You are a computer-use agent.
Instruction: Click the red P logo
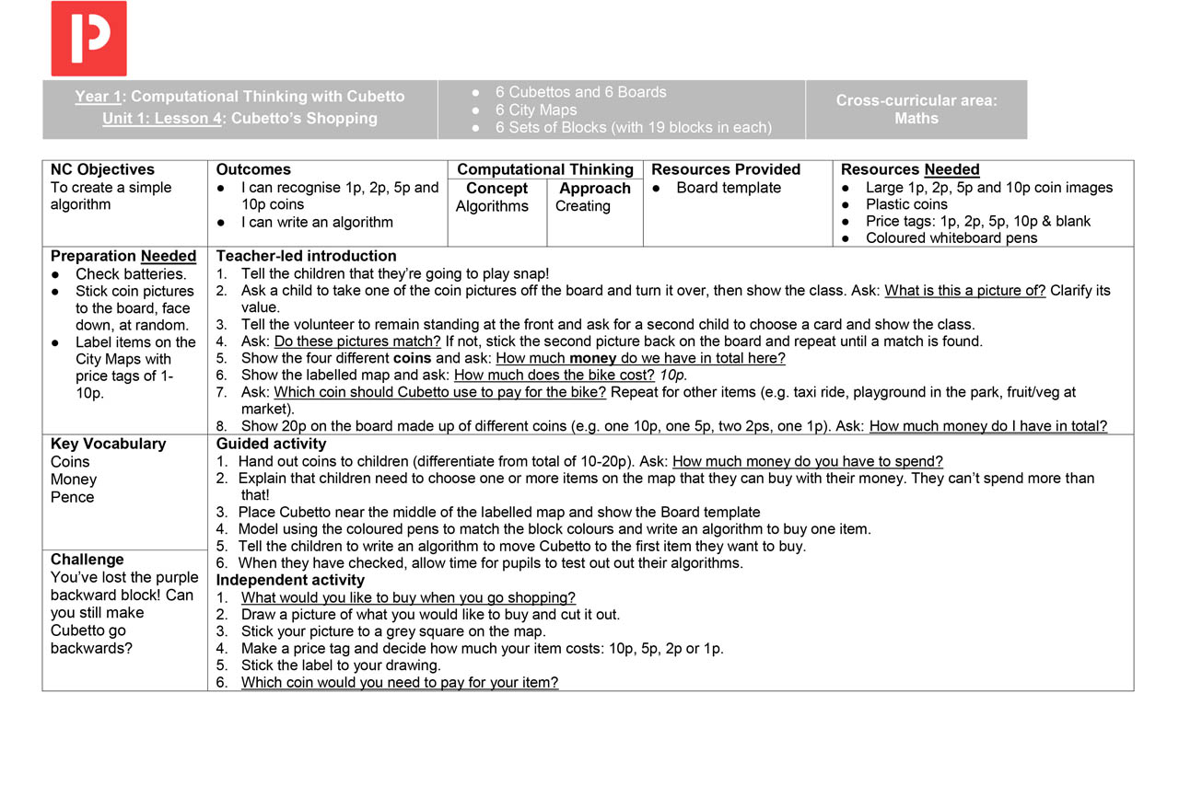pos(88,39)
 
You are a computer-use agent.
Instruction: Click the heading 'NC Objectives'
pos(102,169)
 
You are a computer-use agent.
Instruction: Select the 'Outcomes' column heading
pos(253,169)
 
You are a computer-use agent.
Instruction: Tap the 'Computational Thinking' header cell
pos(545,169)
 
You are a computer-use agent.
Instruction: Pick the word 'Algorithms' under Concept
pos(492,206)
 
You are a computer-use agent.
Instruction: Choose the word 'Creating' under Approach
pos(582,206)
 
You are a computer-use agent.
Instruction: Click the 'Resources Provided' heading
pos(726,169)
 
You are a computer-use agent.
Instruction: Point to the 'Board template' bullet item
pos(728,188)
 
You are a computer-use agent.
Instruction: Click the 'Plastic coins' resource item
pos(906,204)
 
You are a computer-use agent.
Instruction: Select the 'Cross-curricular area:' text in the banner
pos(916,100)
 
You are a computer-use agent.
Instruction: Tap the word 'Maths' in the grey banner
pos(916,119)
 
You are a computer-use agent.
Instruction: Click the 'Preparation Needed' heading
pos(123,256)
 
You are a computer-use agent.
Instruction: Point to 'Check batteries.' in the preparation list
pos(131,273)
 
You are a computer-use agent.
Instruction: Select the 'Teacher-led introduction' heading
pos(306,256)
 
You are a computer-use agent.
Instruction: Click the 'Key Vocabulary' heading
pos(108,444)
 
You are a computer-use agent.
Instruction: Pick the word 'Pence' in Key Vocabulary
pos(72,497)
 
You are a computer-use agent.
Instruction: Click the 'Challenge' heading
pos(87,560)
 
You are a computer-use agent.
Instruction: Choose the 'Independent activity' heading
pos(290,580)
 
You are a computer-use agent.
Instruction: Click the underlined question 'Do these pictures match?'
pos(357,341)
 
